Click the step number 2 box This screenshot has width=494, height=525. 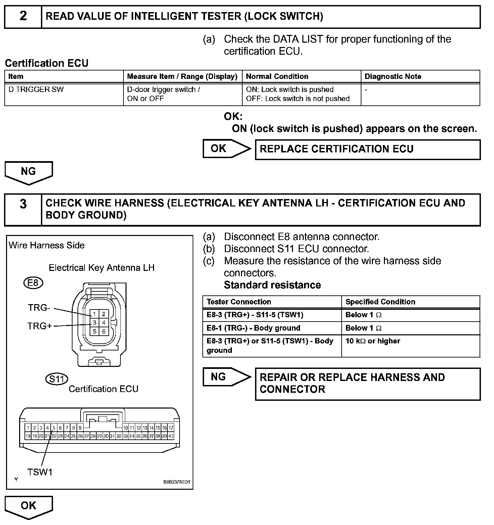click(23, 16)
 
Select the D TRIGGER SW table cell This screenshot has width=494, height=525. click(64, 94)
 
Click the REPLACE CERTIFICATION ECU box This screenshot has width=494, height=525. click(367, 149)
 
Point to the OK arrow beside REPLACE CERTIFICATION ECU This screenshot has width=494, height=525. click(226, 149)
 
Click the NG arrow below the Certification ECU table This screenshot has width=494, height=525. click(29, 172)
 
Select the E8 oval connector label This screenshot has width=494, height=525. click(33, 283)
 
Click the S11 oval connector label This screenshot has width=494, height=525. click(56, 379)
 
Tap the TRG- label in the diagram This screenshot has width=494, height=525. click(39, 308)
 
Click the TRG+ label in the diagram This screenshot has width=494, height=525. click(40, 326)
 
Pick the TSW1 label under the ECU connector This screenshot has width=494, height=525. click(40, 472)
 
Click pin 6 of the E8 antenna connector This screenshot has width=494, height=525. click(104, 331)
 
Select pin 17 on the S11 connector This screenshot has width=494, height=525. click(171, 428)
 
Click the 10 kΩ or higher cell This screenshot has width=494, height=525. click(410, 345)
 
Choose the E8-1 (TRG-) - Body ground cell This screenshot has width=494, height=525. click(272, 328)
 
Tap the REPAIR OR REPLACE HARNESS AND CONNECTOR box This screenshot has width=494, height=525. click(367, 384)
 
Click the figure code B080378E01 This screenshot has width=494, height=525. click(177, 482)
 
